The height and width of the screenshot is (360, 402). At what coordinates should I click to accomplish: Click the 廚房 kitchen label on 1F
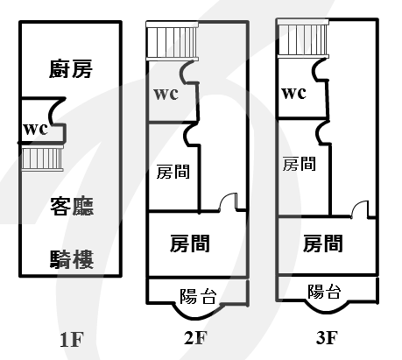pyautogui.click(x=71, y=69)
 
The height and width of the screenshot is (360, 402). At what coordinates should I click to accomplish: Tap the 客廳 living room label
pyautogui.click(x=72, y=206)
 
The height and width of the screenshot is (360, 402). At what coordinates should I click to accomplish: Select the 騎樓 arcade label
pyautogui.click(x=72, y=259)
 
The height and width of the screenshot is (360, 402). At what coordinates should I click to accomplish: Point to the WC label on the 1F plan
pyautogui.click(x=35, y=129)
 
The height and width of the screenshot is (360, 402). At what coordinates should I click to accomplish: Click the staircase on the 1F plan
pyautogui.click(x=43, y=158)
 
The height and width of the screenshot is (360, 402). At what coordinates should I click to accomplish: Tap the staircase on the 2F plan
pyautogui.click(x=173, y=41)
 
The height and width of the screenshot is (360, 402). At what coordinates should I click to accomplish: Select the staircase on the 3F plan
pyautogui.click(x=303, y=39)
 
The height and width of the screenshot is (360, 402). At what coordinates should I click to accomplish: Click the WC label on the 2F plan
pyautogui.click(x=166, y=94)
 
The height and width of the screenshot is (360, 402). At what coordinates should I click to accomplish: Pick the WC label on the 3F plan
pyautogui.click(x=293, y=93)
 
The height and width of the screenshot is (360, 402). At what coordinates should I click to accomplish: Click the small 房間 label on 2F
pyautogui.click(x=173, y=172)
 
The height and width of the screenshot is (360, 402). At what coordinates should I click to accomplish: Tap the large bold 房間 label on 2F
pyautogui.click(x=190, y=244)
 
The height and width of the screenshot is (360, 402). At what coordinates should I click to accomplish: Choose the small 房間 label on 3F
pyautogui.click(x=300, y=164)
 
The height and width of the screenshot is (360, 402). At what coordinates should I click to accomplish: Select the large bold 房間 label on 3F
pyautogui.click(x=322, y=244)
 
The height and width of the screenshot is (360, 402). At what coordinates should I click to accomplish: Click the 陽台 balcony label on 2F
pyautogui.click(x=198, y=297)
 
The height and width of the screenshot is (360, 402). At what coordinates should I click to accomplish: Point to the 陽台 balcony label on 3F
pyautogui.click(x=324, y=292)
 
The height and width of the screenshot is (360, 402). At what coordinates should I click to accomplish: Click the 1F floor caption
pyautogui.click(x=72, y=340)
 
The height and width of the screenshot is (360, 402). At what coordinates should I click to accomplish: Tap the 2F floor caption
pyautogui.click(x=195, y=337)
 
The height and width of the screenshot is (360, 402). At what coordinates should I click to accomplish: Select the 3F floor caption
pyautogui.click(x=327, y=337)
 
